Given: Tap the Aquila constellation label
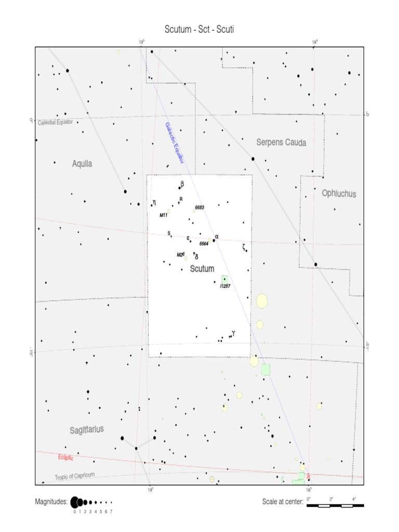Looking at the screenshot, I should (x=82, y=164).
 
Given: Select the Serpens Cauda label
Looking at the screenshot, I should (x=281, y=142).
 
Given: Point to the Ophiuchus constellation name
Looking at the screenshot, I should (x=339, y=193).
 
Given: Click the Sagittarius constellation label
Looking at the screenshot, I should (x=87, y=430).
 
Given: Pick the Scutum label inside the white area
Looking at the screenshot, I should (x=202, y=269).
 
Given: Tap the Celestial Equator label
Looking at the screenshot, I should (x=55, y=122).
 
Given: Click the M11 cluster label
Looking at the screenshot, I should (x=163, y=215).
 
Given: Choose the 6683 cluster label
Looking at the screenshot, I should (x=199, y=207).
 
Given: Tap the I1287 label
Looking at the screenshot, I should (x=225, y=286).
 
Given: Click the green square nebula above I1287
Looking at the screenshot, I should (x=224, y=279).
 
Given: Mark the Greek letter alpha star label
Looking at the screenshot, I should (x=217, y=237).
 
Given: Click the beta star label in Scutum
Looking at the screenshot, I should (x=182, y=183).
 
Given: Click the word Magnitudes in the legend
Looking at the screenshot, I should (x=51, y=502).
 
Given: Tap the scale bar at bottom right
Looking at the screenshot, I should (x=335, y=504).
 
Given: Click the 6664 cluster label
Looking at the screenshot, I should (x=204, y=243).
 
